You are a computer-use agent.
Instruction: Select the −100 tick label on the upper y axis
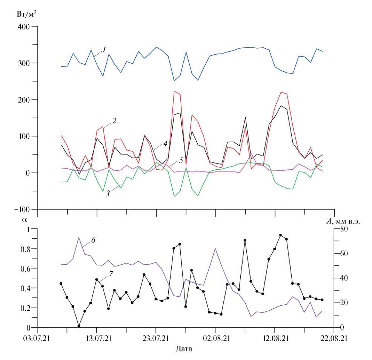pos(23,209)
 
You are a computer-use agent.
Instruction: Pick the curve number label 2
pos(114,121)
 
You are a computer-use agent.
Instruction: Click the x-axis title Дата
pos(184,348)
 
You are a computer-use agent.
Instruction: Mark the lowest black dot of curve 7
pos(79,326)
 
